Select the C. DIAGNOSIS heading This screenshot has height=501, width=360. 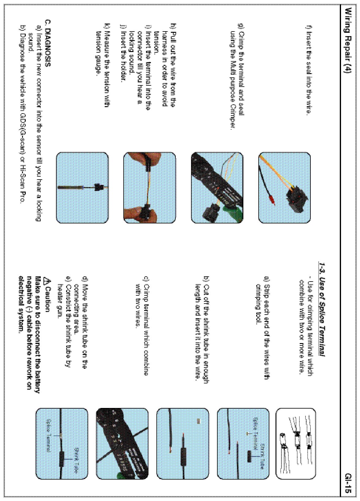48,43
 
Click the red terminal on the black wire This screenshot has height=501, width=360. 270,200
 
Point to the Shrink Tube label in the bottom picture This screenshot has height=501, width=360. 75,461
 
